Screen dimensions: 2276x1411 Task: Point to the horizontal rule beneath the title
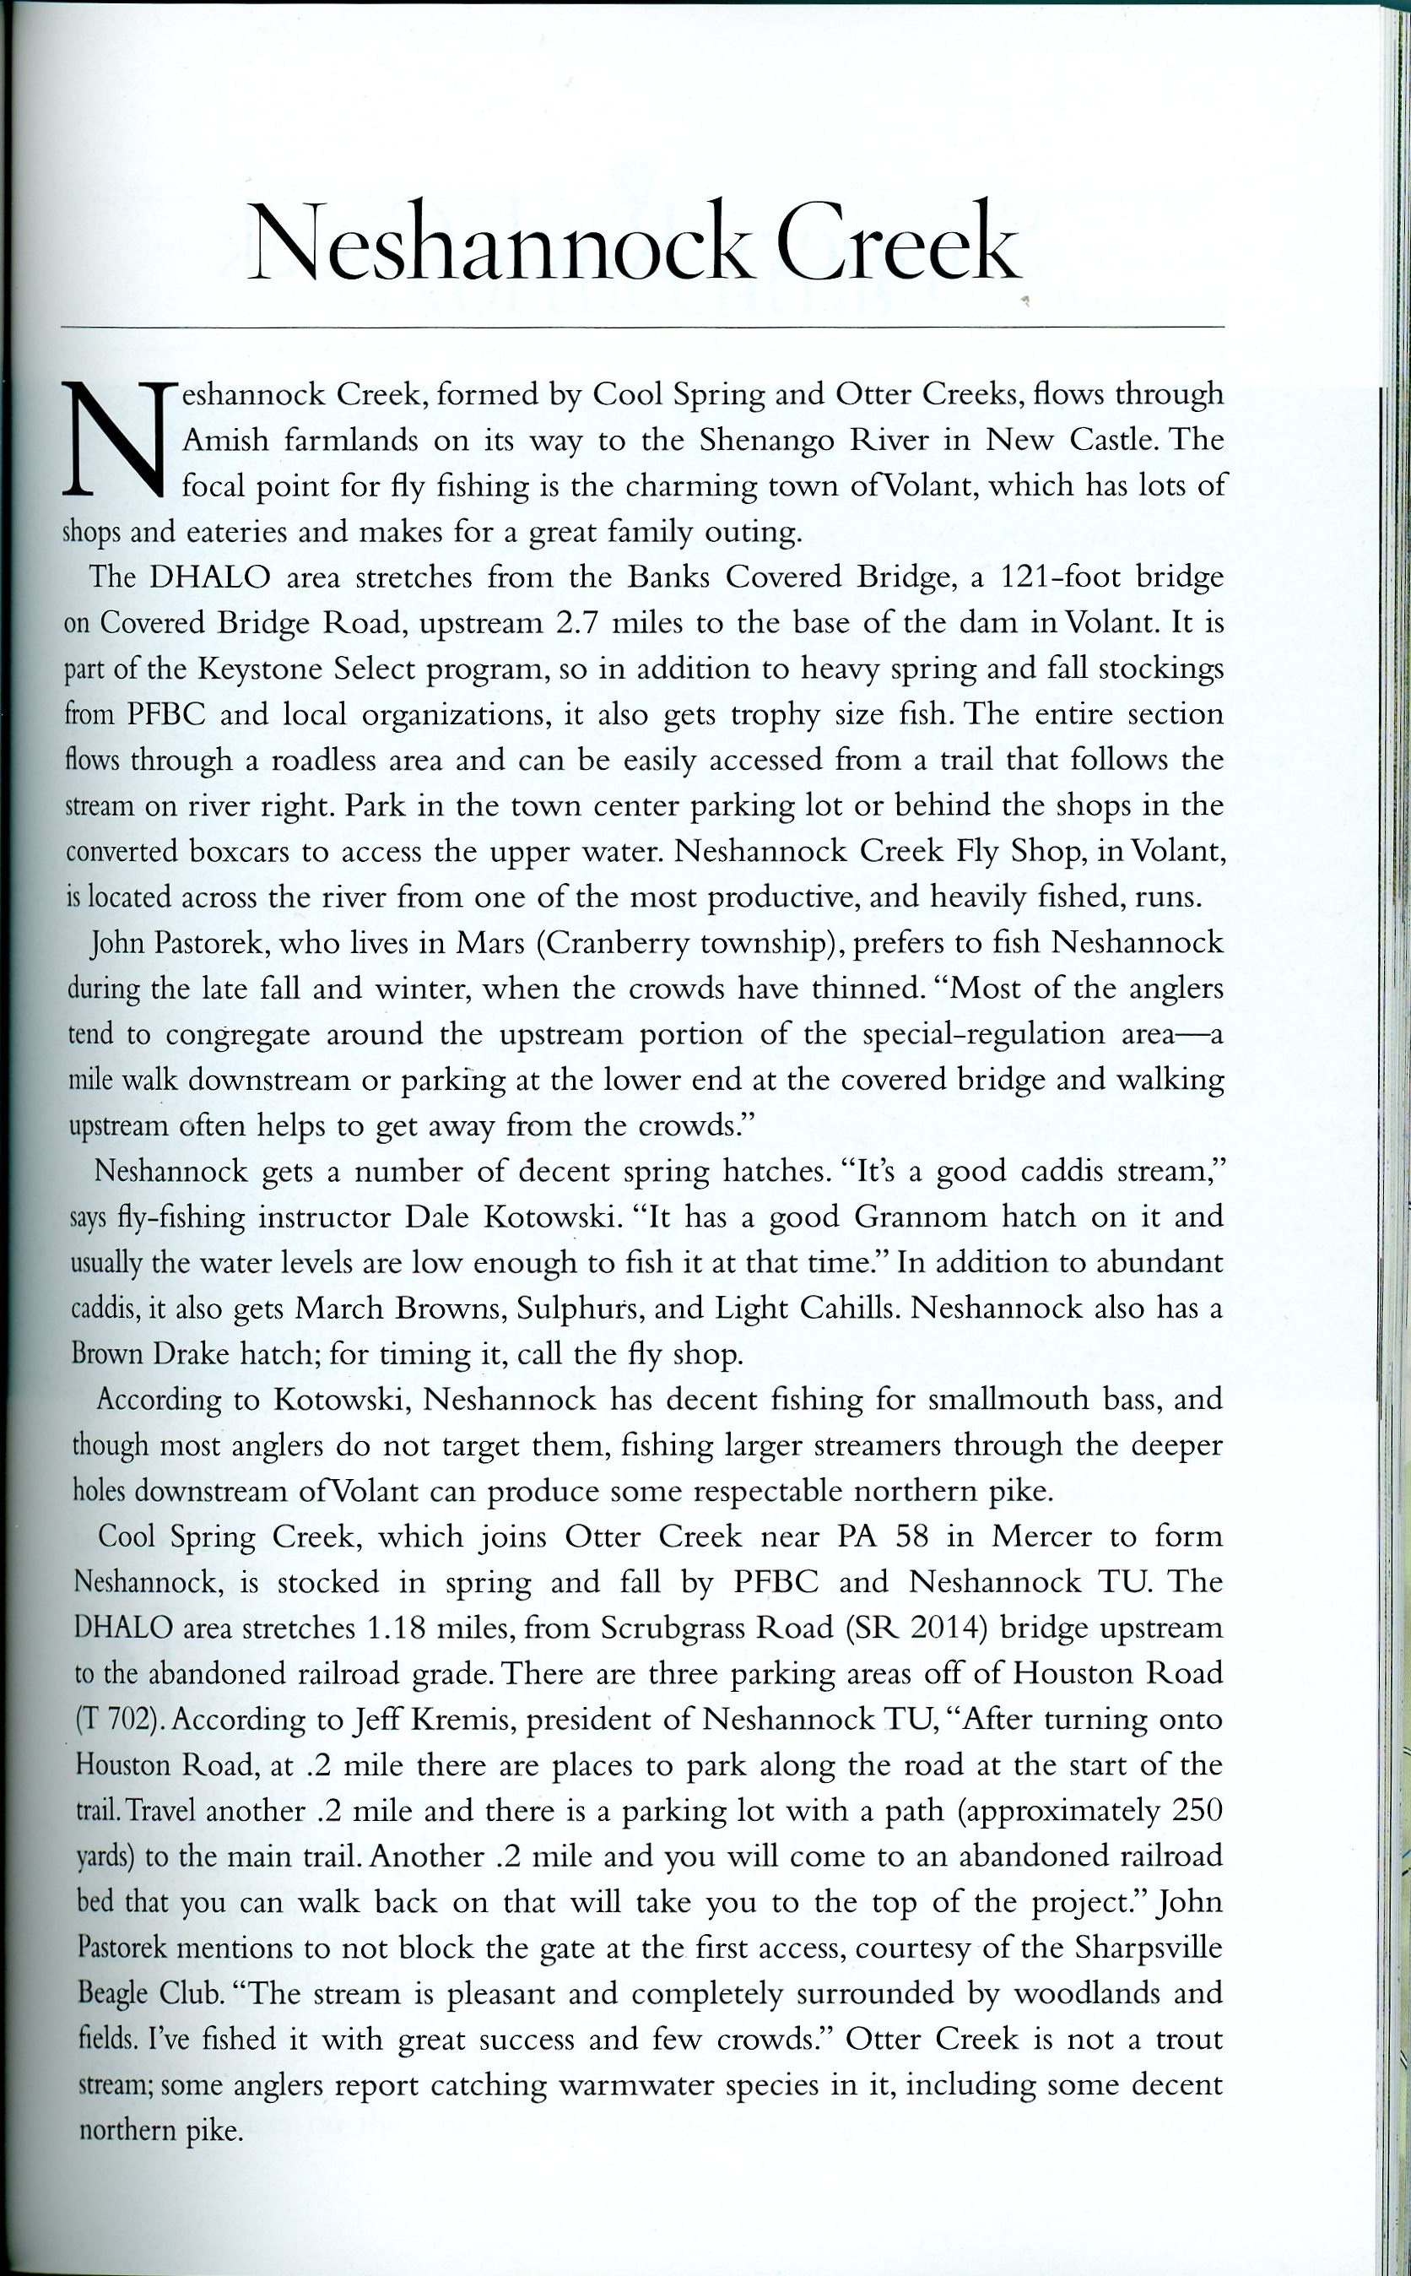coord(641,328)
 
